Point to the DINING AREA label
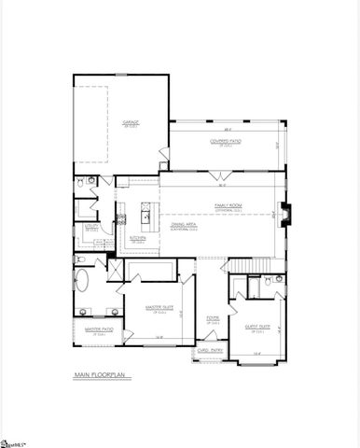coord(183,224)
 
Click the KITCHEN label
coord(137,237)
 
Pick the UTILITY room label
coord(91,226)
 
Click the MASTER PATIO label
coord(98,329)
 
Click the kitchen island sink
coord(146,217)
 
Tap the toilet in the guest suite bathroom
coord(268,279)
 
